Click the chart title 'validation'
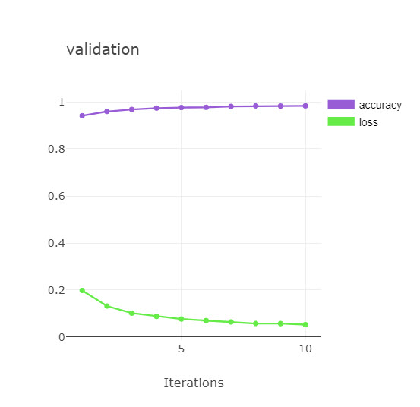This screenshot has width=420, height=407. point(103,49)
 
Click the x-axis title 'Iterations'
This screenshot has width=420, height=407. point(194,383)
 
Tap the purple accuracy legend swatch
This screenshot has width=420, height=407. point(341,105)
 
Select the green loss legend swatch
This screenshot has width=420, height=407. point(341,121)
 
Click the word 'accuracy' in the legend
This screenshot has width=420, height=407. point(381,105)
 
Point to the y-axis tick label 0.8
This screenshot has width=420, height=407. point(56,149)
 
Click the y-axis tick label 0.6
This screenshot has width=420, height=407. point(56,196)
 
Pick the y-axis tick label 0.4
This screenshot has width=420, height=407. point(56,244)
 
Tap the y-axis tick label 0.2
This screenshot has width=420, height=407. point(56,290)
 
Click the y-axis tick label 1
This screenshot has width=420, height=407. point(62,102)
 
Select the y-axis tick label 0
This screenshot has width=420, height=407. point(62,337)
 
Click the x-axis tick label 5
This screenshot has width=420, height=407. point(182,349)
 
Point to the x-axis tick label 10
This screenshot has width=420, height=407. point(305,349)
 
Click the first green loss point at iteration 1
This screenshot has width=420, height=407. point(82,291)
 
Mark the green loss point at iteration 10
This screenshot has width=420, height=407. point(305,324)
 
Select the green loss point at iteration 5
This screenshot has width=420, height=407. point(182,319)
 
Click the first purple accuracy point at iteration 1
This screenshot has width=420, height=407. point(82,115)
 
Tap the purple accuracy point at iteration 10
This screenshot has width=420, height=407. point(305,106)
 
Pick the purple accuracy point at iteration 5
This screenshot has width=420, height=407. point(182,107)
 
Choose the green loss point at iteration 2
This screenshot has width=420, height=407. point(107,306)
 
